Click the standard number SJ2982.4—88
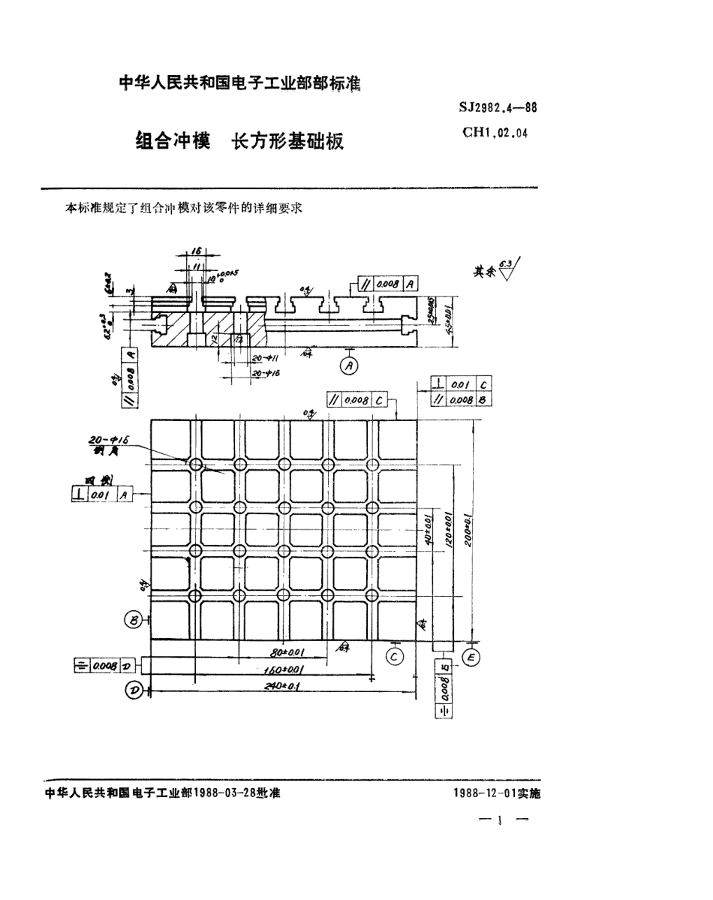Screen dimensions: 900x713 pyautogui.click(x=498, y=108)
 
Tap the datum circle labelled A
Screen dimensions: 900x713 pyautogui.click(x=349, y=366)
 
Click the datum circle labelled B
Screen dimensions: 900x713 pyautogui.click(x=134, y=620)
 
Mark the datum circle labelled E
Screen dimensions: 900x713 pyautogui.click(x=472, y=657)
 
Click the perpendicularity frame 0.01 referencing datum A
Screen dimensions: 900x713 pyautogui.click(x=103, y=494)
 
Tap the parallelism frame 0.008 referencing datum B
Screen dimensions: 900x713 pyautogui.click(x=462, y=400)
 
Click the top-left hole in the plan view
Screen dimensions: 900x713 pyautogui.click(x=195, y=465)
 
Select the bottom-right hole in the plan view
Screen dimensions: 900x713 pyautogui.click(x=373, y=596)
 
